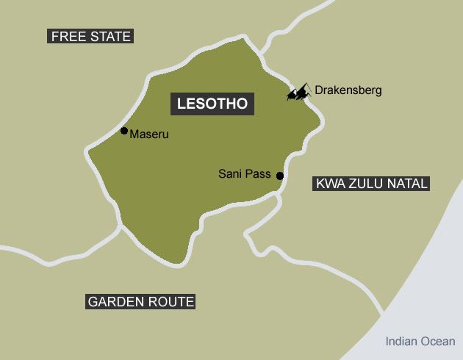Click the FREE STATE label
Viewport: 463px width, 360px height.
tap(90, 36)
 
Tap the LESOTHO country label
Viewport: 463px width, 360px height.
tap(212, 104)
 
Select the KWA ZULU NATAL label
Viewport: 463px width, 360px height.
tap(371, 184)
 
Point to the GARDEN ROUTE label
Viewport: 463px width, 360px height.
tap(140, 301)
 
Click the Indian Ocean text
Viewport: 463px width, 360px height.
tap(420, 341)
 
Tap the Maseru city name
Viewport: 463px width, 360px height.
tap(149, 134)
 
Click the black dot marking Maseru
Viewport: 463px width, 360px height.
tap(124, 131)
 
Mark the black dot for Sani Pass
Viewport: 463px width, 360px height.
tap(279, 175)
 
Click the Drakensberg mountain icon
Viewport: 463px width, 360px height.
tap(298, 93)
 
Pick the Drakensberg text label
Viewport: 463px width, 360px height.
tap(348, 90)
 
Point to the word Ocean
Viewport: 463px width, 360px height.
tap(439, 341)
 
